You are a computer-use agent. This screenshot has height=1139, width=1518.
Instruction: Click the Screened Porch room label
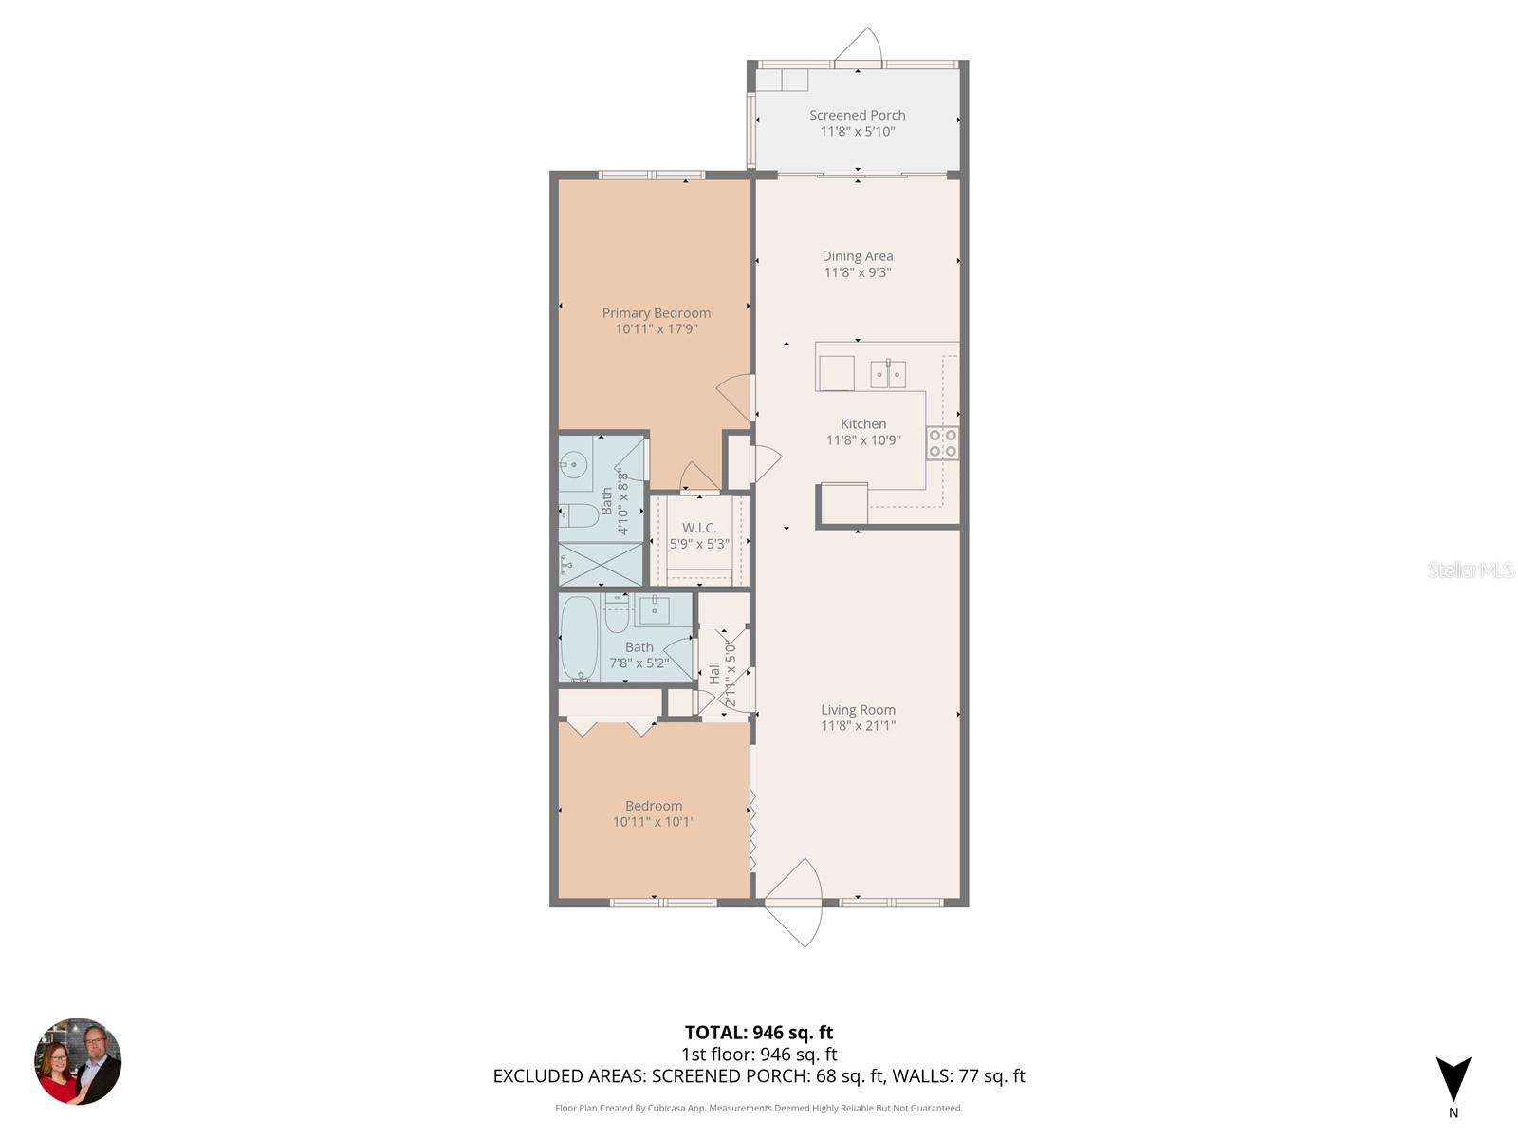pyautogui.click(x=857, y=115)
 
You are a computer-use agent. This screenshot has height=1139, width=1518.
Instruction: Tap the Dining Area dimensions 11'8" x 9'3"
pyautogui.click(x=857, y=272)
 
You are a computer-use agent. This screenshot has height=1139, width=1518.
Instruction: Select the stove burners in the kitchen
pyautogui.click(x=942, y=443)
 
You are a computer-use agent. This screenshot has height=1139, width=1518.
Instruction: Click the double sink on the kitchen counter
pyautogui.click(x=888, y=375)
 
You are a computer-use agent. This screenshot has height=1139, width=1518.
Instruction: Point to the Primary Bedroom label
pyautogui.click(x=656, y=312)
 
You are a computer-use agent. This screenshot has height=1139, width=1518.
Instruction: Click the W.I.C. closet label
pyautogui.click(x=699, y=528)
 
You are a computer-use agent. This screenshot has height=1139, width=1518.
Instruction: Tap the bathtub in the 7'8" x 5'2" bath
pyautogui.click(x=578, y=638)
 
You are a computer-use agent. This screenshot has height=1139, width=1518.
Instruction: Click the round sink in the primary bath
pyautogui.click(x=573, y=465)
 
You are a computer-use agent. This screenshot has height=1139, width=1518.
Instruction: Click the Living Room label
pyautogui.click(x=858, y=709)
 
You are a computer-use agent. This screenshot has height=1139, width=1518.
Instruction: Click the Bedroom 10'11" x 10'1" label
pyautogui.click(x=653, y=806)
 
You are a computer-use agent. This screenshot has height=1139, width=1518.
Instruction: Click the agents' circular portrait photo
pyautogui.click(x=78, y=1061)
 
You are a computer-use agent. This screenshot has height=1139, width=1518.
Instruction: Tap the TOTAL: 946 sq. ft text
pyautogui.click(x=758, y=1033)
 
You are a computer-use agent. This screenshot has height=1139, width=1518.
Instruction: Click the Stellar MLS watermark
pyautogui.click(x=1470, y=569)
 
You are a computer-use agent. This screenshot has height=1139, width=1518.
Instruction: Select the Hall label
pyautogui.click(x=714, y=673)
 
